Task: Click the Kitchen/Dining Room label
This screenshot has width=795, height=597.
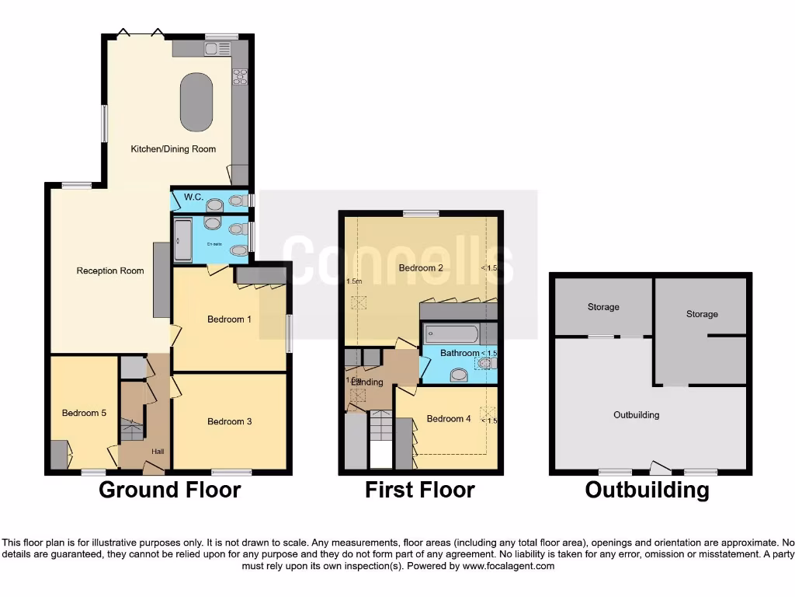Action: [172, 148]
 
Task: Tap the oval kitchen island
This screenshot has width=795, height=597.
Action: [197, 103]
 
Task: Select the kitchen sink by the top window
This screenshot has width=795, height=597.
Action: [214, 49]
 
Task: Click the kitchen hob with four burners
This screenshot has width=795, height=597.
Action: [239, 76]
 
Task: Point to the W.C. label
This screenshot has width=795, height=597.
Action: [193, 197]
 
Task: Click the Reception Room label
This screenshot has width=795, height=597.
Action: [110, 271]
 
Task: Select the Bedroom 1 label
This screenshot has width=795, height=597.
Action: [230, 319]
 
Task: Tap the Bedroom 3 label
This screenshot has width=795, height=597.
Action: [230, 421]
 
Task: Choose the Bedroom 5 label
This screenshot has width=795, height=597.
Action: [84, 413]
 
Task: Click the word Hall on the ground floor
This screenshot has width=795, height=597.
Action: [158, 452]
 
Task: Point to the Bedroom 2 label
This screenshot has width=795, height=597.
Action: [421, 268]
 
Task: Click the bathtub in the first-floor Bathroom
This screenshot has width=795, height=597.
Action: [451, 334]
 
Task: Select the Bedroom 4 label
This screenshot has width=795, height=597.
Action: [449, 419]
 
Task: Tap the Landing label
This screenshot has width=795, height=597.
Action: [367, 382]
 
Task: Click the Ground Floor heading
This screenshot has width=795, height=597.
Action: [170, 490]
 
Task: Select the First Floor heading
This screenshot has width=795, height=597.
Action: [420, 490]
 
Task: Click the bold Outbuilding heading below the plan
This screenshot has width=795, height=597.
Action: [647, 490]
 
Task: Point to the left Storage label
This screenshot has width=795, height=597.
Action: [603, 307]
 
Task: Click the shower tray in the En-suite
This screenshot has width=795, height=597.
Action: [182, 240]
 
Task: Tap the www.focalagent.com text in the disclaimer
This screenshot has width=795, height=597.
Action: [508, 566]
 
